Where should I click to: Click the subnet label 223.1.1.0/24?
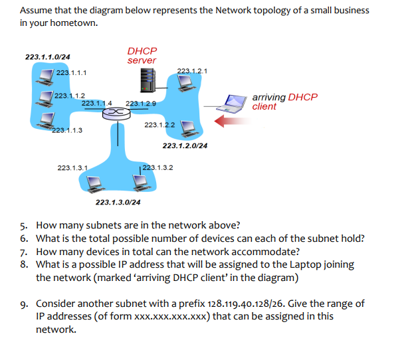(48, 57)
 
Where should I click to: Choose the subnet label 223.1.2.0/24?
(185, 145)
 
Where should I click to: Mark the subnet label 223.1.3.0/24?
(118, 202)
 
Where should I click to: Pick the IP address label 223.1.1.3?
(67, 130)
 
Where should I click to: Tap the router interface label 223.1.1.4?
(96, 103)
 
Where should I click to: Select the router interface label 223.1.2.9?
(141, 104)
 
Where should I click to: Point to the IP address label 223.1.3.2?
(158, 167)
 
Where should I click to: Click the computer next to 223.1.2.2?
(188, 126)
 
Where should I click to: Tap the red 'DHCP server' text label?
(142, 56)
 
